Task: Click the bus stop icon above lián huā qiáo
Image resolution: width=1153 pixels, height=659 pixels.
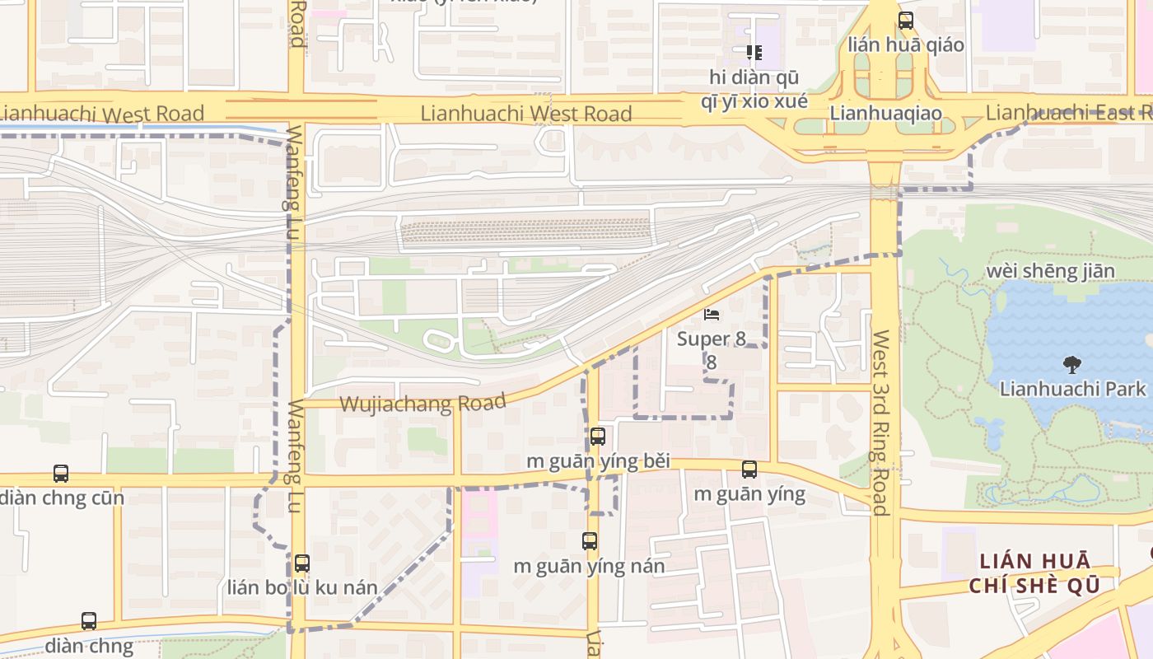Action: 906,21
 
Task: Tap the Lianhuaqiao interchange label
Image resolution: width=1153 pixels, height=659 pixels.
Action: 885,113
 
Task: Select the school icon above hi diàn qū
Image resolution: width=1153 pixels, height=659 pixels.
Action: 754,53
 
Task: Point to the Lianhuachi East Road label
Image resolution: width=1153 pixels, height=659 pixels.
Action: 1068,113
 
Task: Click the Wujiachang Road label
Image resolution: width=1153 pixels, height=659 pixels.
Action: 422,403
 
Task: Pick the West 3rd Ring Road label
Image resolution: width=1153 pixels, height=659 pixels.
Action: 881,423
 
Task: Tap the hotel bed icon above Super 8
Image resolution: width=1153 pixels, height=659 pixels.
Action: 712,315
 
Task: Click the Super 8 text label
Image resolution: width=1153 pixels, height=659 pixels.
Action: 703,339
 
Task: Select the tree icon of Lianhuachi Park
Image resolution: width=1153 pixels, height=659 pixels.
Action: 1071,364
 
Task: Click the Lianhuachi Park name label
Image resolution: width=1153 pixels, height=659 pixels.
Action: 1072,389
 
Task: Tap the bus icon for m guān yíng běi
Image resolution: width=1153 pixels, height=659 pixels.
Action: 598,437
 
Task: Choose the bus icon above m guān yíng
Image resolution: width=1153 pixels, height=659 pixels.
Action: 749,470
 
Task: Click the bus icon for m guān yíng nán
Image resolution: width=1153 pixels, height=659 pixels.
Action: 590,541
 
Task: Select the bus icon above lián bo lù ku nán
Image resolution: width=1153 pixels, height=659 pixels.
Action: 302,563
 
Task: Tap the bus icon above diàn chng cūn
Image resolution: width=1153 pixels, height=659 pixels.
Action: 61,474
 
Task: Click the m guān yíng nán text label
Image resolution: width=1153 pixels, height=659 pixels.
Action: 589,567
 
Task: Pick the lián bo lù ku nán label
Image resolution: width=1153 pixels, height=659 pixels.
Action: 302,588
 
